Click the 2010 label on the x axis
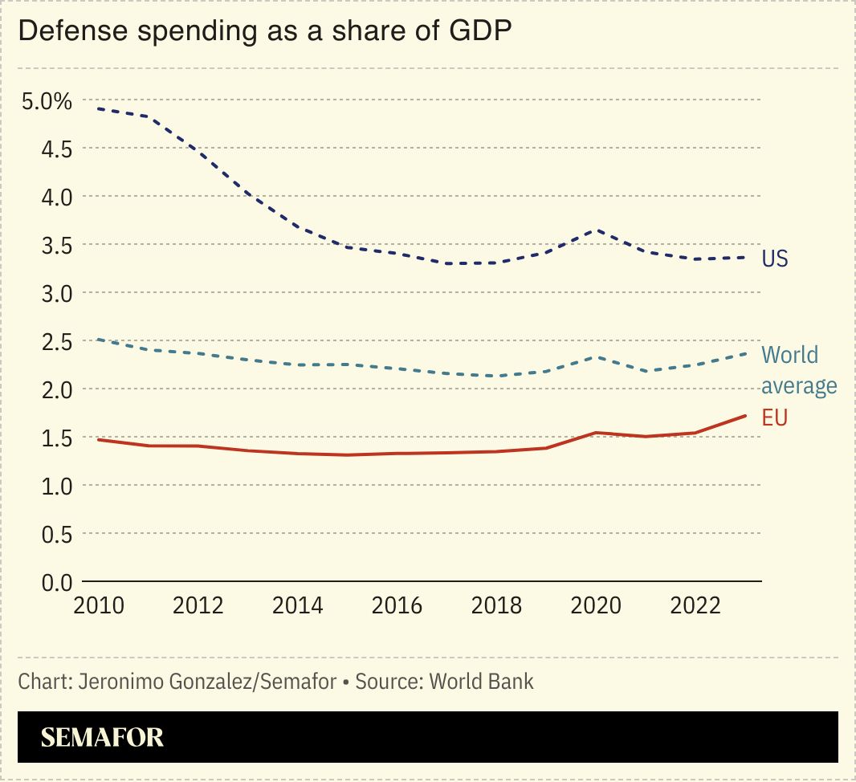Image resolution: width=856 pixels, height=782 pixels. pyautogui.click(x=98, y=605)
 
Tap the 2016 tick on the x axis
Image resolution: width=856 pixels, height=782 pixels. pyautogui.click(x=397, y=605)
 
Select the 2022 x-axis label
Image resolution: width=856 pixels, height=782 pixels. pyautogui.click(x=695, y=605)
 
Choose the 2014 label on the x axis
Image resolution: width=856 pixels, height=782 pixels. pyautogui.click(x=297, y=605)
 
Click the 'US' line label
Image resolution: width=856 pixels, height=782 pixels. pyautogui.click(x=775, y=259)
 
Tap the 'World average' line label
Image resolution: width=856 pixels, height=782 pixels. pyautogui.click(x=798, y=370)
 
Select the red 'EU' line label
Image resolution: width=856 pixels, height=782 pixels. pyautogui.click(x=774, y=417)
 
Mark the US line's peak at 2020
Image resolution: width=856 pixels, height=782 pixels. pyautogui.click(x=596, y=230)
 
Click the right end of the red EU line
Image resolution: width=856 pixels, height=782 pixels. pyautogui.click(x=745, y=416)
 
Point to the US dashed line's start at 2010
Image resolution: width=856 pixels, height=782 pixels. pyautogui.click(x=98, y=108)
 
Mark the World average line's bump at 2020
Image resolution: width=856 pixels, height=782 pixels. pyautogui.click(x=596, y=356)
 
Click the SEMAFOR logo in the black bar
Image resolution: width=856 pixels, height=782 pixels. pyautogui.click(x=102, y=737)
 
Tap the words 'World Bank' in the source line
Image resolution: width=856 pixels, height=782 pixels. pyautogui.click(x=481, y=682)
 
